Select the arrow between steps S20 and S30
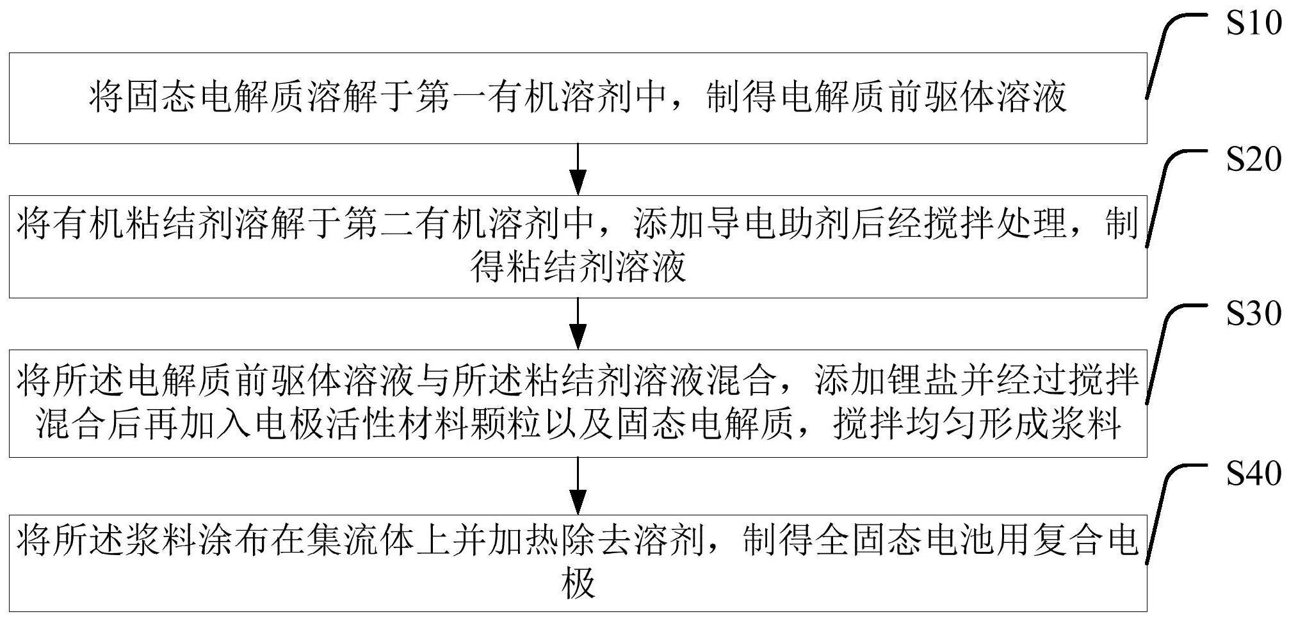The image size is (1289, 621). click(x=578, y=323)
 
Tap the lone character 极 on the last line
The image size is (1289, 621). click(x=578, y=583)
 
